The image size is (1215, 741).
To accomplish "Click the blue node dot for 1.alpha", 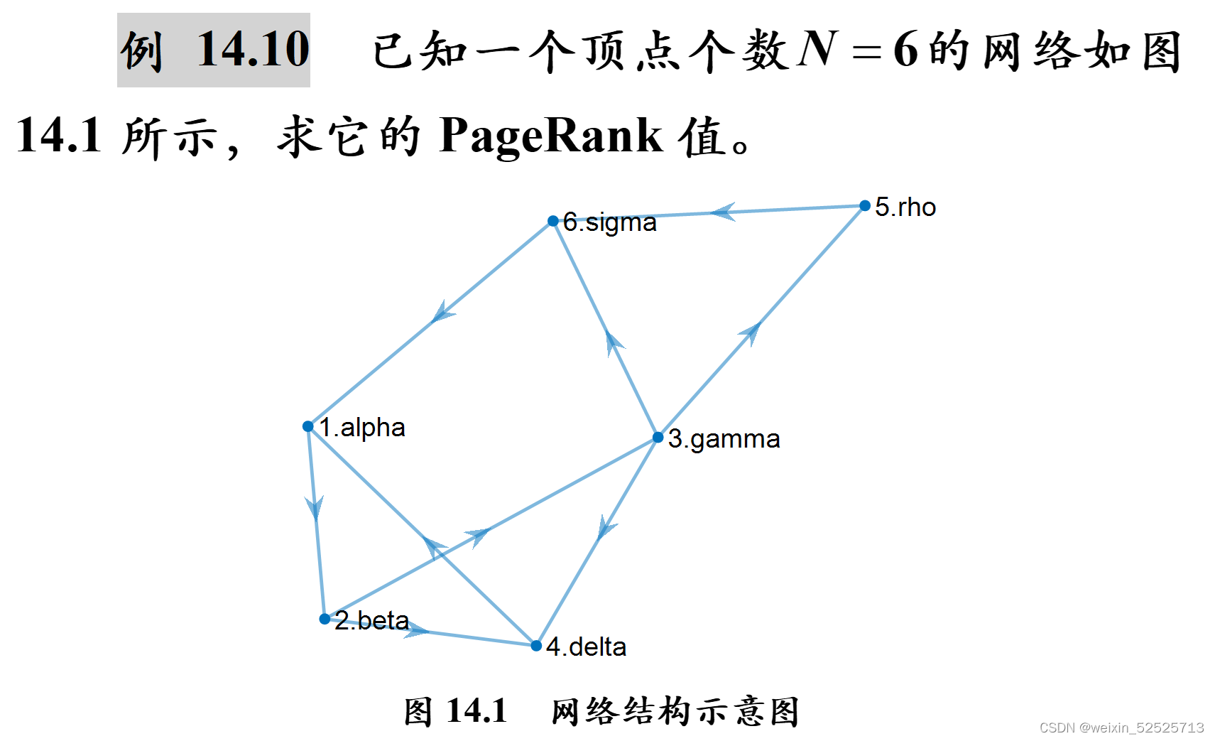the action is (x=307, y=426).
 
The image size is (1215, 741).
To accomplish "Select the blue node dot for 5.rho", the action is (x=864, y=206).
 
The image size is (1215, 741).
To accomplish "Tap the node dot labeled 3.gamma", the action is (x=658, y=438).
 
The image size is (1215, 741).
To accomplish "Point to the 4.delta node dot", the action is (x=536, y=645).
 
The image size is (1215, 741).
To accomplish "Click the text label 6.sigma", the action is (x=609, y=222).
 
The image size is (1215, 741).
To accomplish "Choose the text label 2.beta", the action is (x=371, y=620).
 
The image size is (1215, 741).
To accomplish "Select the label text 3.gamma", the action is (x=724, y=439).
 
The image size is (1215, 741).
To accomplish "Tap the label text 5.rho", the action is (x=905, y=207).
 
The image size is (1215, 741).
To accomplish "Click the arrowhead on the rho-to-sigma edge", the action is (x=724, y=212).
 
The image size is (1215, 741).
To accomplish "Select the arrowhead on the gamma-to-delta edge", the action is (x=605, y=527).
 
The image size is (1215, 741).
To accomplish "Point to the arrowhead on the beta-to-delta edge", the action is (x=416, y=629).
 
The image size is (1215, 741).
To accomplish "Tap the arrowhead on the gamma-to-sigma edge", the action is (x=613, y=342).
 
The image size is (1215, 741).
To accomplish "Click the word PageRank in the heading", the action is (x=550, y=135).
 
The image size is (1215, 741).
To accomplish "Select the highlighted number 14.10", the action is (x=253, y=50).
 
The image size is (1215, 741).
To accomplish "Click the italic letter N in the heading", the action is (x=818, y=50).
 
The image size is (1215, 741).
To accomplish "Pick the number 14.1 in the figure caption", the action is (x=476, y=711).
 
